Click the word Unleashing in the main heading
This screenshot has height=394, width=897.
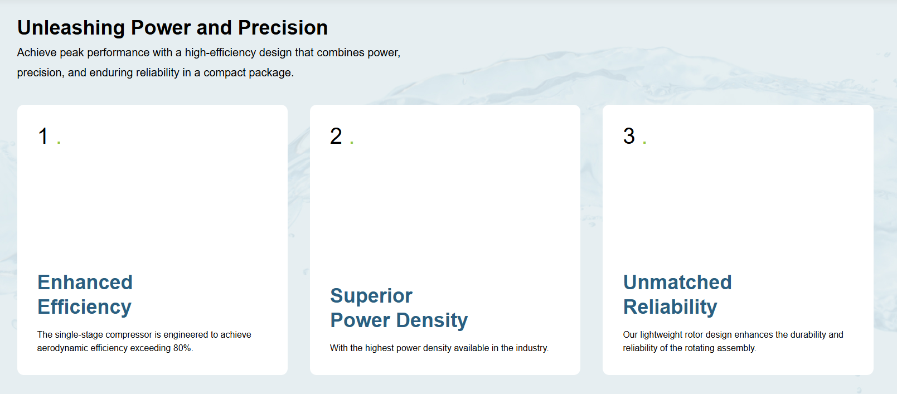(x=71, y=28)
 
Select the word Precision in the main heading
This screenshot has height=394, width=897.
(x=283, y=28)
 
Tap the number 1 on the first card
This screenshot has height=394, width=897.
(x=43, y=136)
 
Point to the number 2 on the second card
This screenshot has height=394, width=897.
(x=336, y=136)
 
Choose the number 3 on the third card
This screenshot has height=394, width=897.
(x=629, y=136)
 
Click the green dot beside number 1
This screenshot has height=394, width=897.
(x=59, y=142)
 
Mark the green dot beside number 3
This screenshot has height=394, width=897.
(x=644, y=142)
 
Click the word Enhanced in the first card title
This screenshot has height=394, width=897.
(x=85, y=283)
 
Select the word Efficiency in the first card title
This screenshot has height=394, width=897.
(x=85, y=307)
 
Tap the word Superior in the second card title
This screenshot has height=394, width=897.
(x=371, y=296)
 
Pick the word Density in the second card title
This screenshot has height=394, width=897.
(x=432, y=320)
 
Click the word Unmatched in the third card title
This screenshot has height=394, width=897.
(x=677, y=283)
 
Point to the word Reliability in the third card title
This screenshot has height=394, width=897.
(x=670, y=307)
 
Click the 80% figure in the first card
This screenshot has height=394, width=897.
(x=183, y=348)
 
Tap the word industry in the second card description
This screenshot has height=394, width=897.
(x=532, y=348)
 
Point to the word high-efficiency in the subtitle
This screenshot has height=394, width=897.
(x=220, y=53)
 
